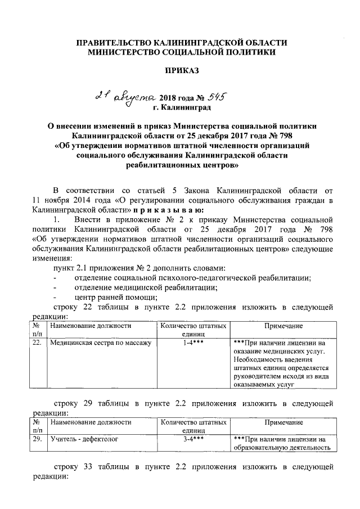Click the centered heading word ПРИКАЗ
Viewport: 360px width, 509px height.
tap(181, 70)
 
